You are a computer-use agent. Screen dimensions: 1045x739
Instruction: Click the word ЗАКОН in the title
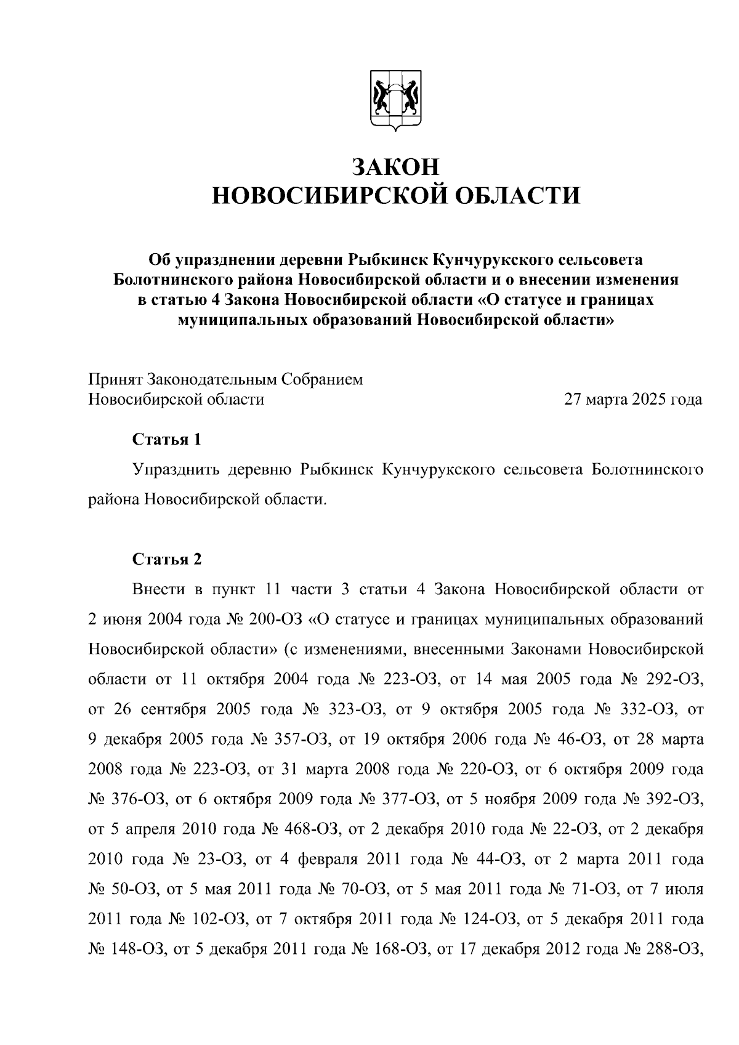pos(395,167)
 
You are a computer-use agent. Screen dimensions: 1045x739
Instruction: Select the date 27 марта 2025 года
pos(633,400)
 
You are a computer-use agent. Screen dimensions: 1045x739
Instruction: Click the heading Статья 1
pos(167,440)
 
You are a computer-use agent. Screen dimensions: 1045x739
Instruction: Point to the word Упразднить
pos(176,470)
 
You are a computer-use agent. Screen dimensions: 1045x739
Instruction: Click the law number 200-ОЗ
pos(273,619)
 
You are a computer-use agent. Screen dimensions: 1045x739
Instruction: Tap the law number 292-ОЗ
pos(674,679)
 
